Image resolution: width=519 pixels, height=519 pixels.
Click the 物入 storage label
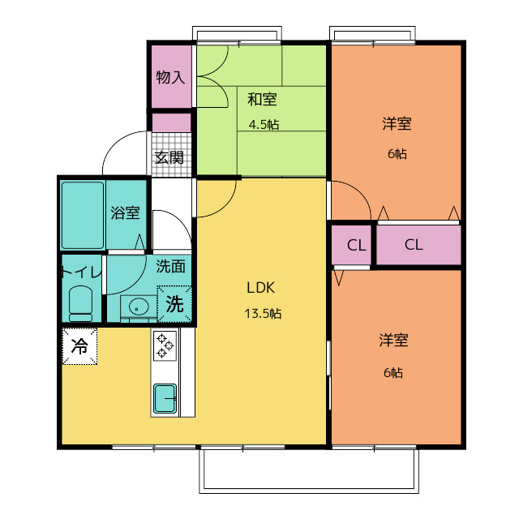tap(170, 77)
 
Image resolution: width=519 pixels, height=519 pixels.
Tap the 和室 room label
tap(262, 99)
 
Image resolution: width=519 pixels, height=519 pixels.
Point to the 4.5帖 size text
tap(264, 125)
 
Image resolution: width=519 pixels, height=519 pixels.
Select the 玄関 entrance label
tap(169, 157)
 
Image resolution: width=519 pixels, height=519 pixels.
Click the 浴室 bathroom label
tap(125, 212)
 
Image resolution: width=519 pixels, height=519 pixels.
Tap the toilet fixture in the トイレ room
tap(80, 303)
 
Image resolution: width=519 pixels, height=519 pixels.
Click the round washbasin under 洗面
tap(139, 307)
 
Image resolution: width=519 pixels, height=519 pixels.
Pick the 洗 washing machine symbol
tap(174, 304)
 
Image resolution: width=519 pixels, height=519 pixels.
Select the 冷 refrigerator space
tap(79, 346)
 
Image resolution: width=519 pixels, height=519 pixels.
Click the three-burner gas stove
tap(165, 346)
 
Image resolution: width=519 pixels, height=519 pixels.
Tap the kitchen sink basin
tap(165, 398)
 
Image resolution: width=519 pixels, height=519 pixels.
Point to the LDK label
tap(260, 288)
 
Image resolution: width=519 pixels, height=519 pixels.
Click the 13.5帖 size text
tap(263, 313)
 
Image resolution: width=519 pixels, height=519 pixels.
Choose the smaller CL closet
tap(351, 245)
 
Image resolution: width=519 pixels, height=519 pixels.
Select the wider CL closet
tap(418, 245)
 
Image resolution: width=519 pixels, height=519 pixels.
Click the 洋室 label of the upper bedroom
tap(397, 123)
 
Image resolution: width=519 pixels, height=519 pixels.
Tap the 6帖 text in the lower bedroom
tap(393, 373)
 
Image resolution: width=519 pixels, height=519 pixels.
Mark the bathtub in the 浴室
tap(83, 215)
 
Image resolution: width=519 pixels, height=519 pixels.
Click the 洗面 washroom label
tap(170, 266)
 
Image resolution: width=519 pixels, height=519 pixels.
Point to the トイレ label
tap(81, 272)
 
